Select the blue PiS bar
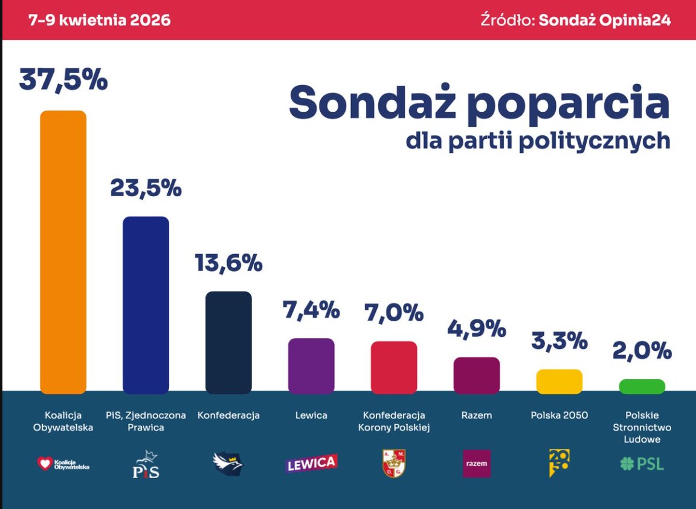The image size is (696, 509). [x=146, y=305]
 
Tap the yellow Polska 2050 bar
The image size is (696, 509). [x=559, y=382]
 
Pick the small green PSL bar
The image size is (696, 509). [x=642, y=386]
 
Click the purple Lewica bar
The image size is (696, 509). [x=311, y=366]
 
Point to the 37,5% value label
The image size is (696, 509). [x=63, y=80]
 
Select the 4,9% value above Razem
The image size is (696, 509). [x=476, y=328]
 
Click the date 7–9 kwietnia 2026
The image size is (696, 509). [x=100, y=20]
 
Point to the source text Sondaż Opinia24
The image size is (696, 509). [x=604, y=20]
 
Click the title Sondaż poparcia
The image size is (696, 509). [x=479, y=102]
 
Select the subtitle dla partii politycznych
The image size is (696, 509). [x=537, y=140]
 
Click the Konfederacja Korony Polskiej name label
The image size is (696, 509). [x=394, y=421]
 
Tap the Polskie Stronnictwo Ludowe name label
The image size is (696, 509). [x=642, y=427]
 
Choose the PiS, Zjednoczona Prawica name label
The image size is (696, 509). [x=146, y=421]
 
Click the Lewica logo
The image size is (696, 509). [x=311, y=464]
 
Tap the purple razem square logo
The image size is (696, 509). [x=476, y=464]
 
